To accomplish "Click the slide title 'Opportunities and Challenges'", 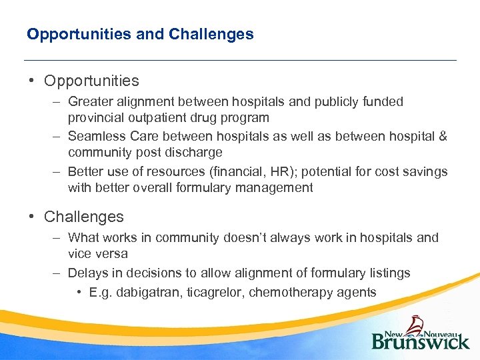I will pyautogui.click(x=140, y=34).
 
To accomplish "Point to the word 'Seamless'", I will pyautogui.click(x=95, y=137).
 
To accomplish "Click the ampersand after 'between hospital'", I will pyautogui.click(x=442, y=137).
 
